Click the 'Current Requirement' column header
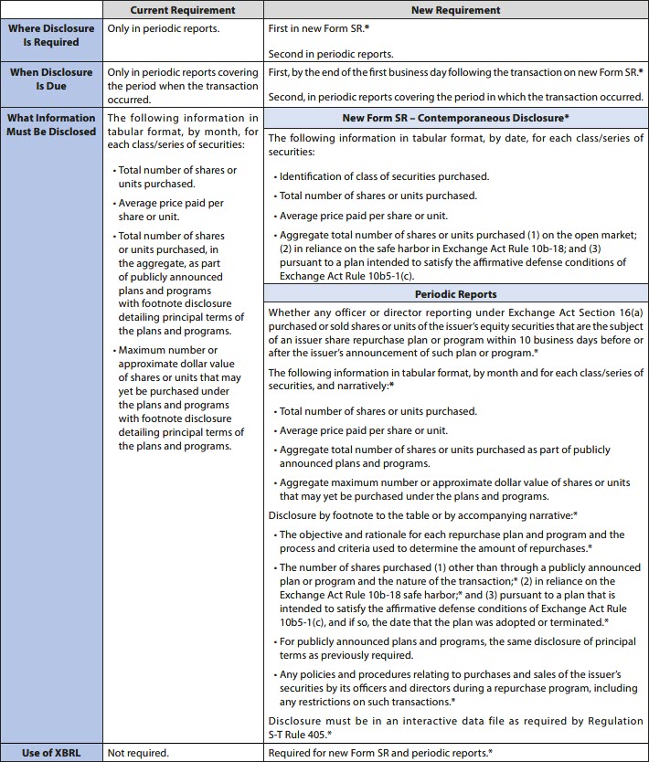[x=183, y=10]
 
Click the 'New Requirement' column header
[x=455, y=10]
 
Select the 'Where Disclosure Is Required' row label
[x=52, y=36]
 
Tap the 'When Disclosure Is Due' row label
[x=52, y=79]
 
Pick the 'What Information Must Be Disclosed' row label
[x=52, y=124]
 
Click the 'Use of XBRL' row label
[x=52, y=753]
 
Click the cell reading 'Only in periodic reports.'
[x=163, y=28]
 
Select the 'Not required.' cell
[x=138, y=753]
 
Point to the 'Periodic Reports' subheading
[x=455, y=295]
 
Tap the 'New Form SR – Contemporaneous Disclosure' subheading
[x=455, y=118]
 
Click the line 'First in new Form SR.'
[x=319, y=28]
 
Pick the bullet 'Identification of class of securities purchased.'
[x=384, y=176]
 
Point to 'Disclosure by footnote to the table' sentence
[x=423, y=515]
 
